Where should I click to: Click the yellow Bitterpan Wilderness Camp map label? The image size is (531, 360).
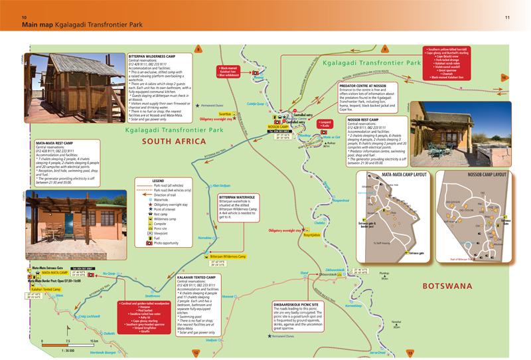coord(228,256)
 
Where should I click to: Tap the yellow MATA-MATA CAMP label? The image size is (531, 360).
coord(54,272)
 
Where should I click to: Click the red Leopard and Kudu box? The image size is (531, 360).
coord(325,124)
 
